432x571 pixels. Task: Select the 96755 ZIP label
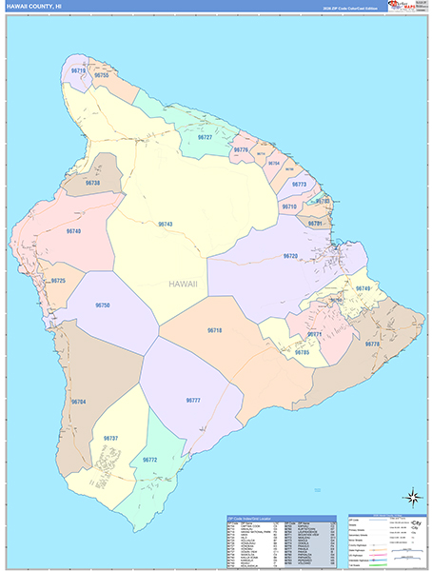pos(102,75)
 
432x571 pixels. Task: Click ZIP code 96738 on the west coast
pos(92,182)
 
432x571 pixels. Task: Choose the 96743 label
pos(165,224)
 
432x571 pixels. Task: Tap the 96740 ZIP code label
pos(74,231)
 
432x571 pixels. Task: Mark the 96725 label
pos(58,281)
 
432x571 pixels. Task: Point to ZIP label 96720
pos(290,256)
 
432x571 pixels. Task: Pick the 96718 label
pos(214,329)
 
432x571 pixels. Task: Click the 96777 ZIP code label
pos(193,401)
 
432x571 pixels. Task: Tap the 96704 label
pos(78,403)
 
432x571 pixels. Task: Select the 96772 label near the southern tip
pos(149,460)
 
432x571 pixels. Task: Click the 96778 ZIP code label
pos(371,345)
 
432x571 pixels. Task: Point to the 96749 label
pos(363,288)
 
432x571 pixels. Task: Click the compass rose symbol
pos(412,495)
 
